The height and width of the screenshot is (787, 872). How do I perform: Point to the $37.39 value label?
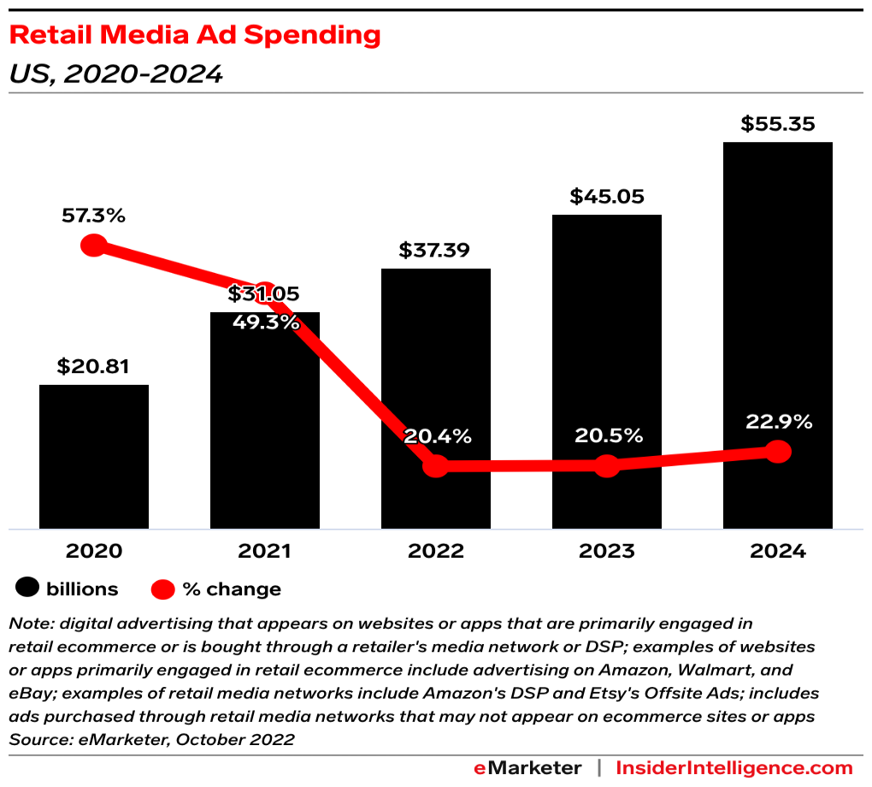point(435,251)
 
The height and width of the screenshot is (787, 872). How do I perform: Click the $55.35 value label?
point(777,124)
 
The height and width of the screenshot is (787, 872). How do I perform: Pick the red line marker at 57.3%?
point(93,246)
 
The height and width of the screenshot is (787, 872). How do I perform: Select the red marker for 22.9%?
point(777,452)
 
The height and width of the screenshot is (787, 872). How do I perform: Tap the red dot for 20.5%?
point(606,466)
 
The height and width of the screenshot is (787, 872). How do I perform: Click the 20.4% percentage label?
point(437,436)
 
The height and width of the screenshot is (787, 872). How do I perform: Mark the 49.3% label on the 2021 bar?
point(264,322)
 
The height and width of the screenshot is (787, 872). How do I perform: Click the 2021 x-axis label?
point(264,551)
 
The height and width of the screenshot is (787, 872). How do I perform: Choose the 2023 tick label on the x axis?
point(606,551)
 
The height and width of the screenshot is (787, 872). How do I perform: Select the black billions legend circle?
point(28,589)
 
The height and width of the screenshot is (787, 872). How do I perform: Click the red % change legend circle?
point(163,589)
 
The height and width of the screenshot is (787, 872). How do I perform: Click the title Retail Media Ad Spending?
point(195,35)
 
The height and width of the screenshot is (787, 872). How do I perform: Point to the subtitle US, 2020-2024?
point(115,74)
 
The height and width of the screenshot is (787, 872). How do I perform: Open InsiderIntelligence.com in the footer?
point(734,767)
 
